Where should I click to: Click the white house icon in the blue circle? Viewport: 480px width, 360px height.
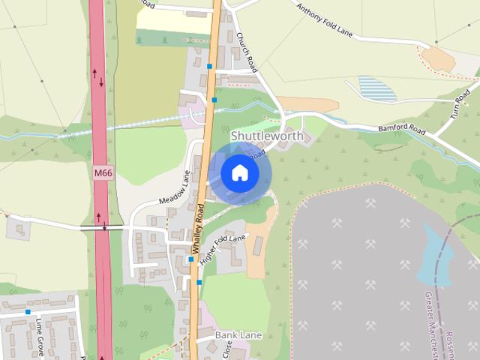[239, 172]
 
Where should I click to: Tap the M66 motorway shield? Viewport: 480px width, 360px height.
[103, 173]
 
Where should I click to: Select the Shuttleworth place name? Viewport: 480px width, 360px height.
[267, 136]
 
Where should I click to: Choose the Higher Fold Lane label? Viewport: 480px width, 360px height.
[223, 248]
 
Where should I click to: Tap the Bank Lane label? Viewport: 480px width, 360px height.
[238, 334]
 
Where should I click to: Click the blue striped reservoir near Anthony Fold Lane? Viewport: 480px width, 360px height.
[376, 88]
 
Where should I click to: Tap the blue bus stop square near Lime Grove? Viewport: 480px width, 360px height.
[28, 311]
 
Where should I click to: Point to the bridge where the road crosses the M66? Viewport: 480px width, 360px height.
[103, 226]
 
